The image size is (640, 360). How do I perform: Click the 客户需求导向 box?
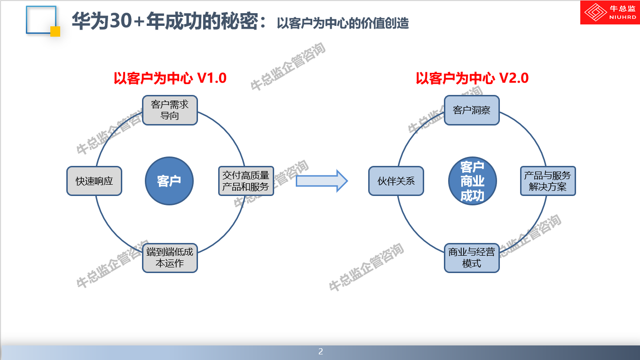coord(170,110)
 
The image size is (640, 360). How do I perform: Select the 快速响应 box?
coord(94,181)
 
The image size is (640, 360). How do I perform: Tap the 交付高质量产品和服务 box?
coord(246,181)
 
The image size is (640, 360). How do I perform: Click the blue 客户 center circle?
coord(169,181)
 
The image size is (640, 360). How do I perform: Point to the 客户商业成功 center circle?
coord(472,181)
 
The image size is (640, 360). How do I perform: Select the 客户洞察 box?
coord(472,110)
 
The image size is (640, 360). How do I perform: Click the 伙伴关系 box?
coord(396,181)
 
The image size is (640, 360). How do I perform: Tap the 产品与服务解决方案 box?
coord(548,181)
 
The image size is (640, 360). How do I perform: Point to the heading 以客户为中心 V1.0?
coord(170,78)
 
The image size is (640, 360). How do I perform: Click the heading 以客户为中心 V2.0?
coord(472,78)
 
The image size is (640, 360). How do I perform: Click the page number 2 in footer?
coord(321,352)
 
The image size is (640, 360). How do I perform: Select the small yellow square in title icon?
coord(55,31)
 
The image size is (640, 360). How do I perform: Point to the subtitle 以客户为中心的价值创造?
coord(342,23)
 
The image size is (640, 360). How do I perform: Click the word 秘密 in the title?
coord(241,21)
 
